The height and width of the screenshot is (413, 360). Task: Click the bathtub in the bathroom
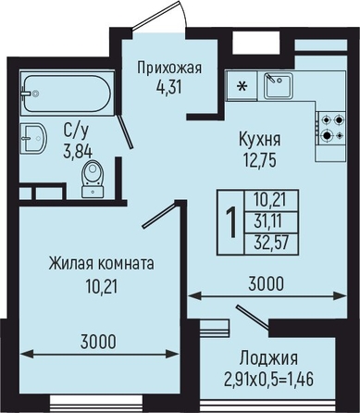click(66, 93)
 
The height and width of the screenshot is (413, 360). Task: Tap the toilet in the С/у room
click(93, 179)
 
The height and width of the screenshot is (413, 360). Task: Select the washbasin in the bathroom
click(33, 138)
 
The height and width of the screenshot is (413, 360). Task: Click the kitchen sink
click(279, 85)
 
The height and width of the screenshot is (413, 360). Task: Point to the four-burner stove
click(331, 128)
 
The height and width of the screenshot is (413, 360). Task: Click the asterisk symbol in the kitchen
click(242, 86)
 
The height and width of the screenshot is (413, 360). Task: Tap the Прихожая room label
click(169, 68)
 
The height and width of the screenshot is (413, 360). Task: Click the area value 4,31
click(168, 88)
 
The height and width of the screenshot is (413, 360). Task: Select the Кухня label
click(260, 140)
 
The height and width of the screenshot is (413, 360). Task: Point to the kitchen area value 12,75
click(260, 160)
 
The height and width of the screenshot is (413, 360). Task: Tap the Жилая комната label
click(101, 264)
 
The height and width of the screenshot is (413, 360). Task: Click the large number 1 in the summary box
click(230, 222)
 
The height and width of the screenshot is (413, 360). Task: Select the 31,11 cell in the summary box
click(268, 221)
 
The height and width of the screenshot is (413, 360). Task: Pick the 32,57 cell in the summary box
click(271, 243)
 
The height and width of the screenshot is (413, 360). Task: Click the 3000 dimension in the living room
click(98, 342)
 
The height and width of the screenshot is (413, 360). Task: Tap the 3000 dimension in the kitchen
click(266, 284)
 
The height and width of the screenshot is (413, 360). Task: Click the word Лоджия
click(269, 358)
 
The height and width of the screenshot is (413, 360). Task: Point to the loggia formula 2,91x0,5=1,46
click(268, 379)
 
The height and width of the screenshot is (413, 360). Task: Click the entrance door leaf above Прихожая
click(156, 15)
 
